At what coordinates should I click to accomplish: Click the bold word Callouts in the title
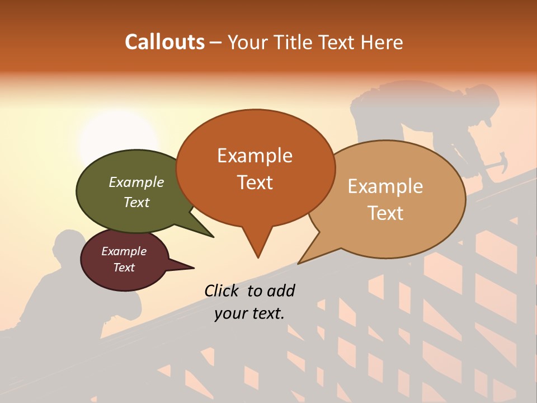(164, 42)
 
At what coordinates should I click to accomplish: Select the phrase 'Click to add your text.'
(249, 302)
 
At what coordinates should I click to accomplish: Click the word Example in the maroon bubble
(124, 251)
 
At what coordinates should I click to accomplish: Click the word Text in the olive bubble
(136, 202)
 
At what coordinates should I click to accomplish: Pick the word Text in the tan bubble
(386, 213)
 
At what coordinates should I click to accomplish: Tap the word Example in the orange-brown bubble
(255, 156)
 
